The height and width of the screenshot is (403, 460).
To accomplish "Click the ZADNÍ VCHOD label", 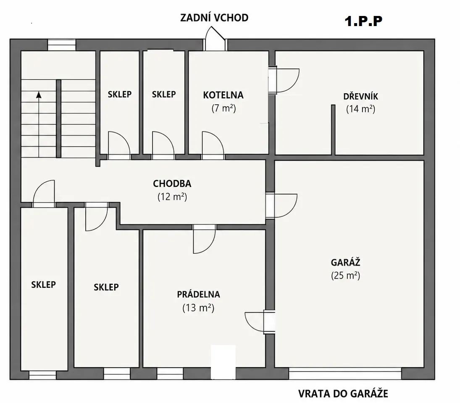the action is pos(214,18).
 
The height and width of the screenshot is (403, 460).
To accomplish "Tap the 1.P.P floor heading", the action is pos(363,21).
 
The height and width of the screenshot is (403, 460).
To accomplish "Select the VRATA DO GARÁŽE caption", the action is pos(343,394).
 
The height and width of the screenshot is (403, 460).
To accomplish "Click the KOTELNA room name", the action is pos(223,95).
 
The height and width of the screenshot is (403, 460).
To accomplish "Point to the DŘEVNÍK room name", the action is pos(360,96).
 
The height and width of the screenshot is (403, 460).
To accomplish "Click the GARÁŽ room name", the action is pos(345,262).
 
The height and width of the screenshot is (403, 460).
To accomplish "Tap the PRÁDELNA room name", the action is pos(198,294).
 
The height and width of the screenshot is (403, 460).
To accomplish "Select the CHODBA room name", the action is pos(172,184).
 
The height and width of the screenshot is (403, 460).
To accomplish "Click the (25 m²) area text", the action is pos(346,276).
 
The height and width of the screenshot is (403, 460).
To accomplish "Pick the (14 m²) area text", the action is pos(360,109).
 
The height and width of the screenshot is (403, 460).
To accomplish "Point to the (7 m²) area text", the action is pos(223,108).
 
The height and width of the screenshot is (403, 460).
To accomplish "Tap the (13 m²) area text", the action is pos(198,308).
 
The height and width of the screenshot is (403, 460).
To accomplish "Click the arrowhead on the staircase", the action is pos(39,95).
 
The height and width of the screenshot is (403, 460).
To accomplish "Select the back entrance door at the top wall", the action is pos(215,39).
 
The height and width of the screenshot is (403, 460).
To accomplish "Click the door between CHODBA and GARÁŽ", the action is pos(281,205).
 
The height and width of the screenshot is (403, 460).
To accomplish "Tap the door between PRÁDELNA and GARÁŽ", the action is pos(260,321).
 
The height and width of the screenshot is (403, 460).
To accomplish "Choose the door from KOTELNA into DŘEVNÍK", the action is pos(284,80).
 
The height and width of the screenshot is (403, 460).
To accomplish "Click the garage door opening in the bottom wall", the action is pos(345,373).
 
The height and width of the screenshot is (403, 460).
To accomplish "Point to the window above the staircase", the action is pos(62,45).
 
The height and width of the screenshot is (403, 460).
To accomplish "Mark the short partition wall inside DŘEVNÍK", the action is pos(333,129).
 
